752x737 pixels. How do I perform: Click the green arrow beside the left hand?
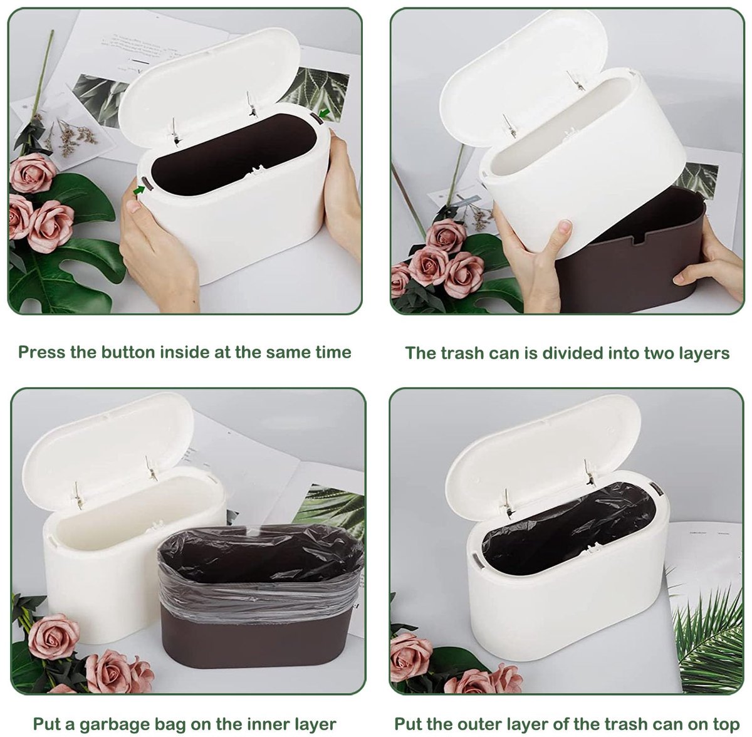139,190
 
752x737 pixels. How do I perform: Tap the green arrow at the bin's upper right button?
324,113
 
